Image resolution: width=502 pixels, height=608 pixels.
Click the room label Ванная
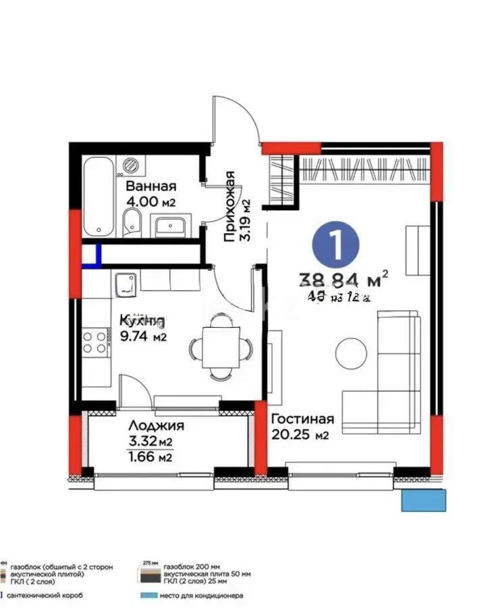[x=151, y=186]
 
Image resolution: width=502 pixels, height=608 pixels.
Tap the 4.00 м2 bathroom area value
[x=151, y=201]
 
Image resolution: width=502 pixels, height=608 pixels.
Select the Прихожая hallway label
[x=229, y=206]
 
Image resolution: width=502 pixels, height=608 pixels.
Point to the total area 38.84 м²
[x=343, y=278]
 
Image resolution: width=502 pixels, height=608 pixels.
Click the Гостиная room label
[x=303, y=420]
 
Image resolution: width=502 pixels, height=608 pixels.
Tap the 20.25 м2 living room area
[x=300, y=436]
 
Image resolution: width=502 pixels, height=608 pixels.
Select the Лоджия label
[x=156, y=426]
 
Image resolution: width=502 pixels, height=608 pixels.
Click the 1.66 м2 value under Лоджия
[x=150, y=457]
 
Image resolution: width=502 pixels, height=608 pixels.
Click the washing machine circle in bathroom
[x=131, y=164]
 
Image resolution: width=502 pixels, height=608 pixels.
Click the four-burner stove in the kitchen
[x=96, y=341]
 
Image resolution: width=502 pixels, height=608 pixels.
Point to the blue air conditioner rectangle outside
[x=424, y=501]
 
